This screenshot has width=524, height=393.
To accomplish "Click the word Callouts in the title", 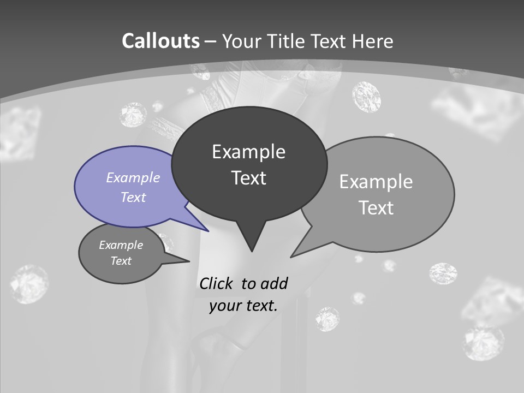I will [160, 41].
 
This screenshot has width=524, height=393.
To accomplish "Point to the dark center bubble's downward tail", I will [251, 240].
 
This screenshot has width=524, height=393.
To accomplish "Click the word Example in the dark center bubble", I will [248, 152].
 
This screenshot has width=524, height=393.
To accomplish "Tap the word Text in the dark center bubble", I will [248, 178].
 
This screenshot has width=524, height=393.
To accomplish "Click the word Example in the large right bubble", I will [376, 182].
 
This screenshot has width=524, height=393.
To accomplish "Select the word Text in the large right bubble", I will [376, 208].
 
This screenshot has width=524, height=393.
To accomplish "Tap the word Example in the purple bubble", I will [133, 177].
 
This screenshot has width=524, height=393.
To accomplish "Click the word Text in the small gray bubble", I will [121, 261].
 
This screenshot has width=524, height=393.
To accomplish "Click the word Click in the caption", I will [217, 283].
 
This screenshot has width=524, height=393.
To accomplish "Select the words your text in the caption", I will [243, 306].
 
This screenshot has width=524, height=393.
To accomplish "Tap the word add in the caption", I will [274, 283].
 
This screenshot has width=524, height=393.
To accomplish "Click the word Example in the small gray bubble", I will [121, 245].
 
